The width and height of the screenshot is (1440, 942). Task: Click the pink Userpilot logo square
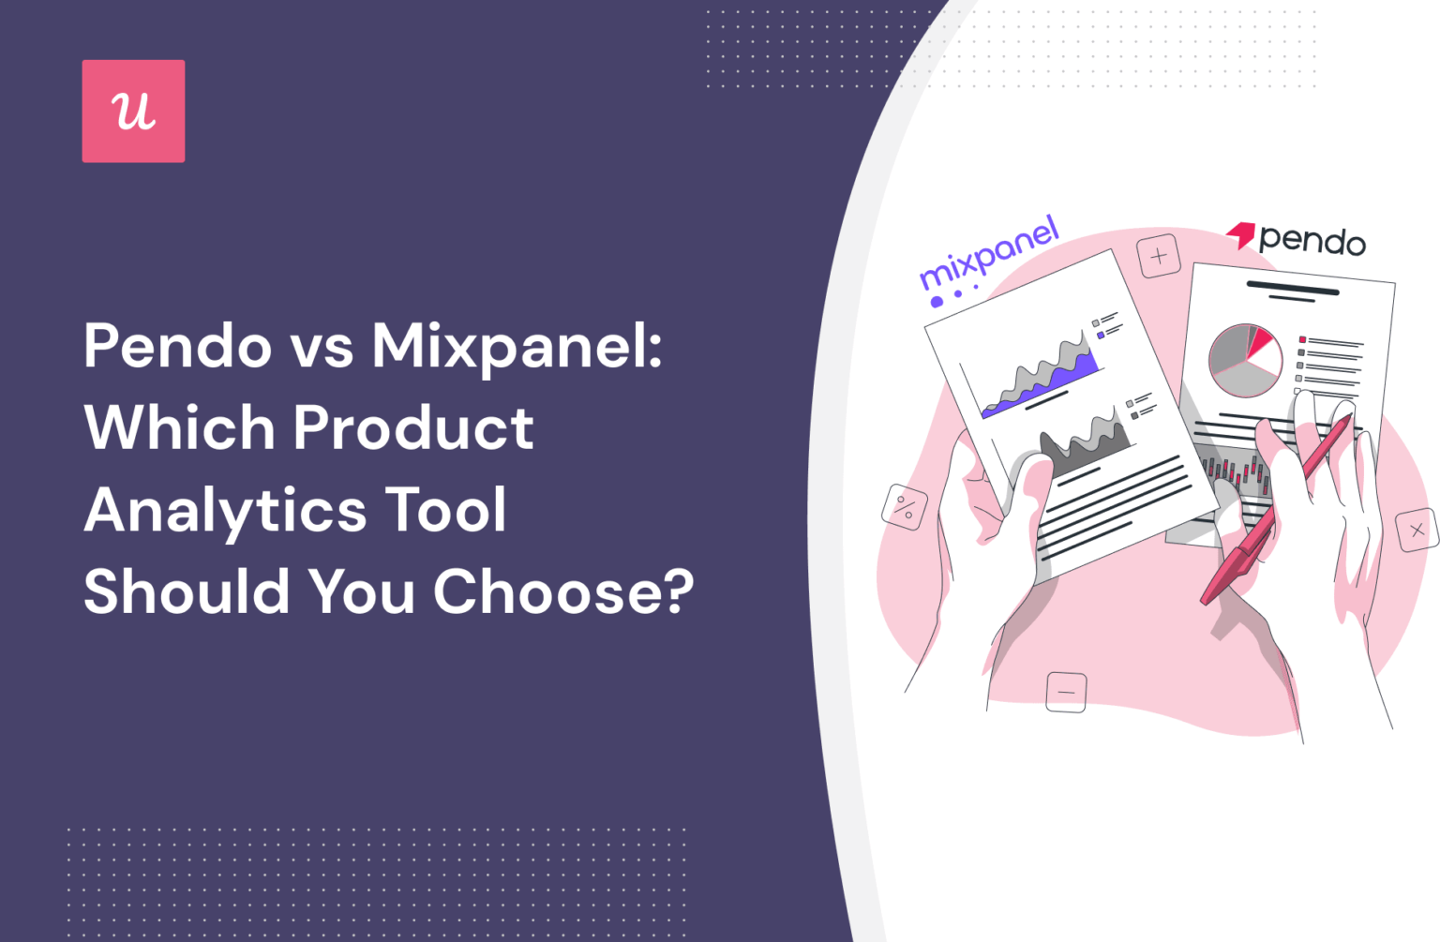tap(133, 112)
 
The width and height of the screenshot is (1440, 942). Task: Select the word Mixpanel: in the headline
tap(517, 346)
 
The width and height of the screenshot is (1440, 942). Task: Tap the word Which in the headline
tap(178, 427)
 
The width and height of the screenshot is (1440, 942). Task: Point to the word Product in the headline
tap(413, 427)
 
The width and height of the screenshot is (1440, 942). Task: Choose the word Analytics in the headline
tap(225, 511)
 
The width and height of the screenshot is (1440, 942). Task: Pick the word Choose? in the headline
tap(563, 592)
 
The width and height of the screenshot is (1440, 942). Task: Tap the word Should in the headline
tap(187, 592)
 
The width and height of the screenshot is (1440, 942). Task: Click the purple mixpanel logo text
tap(989, 254)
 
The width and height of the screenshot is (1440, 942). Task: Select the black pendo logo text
tap(1312, 241)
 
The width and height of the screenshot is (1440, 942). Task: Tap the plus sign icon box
tap(1159, 256)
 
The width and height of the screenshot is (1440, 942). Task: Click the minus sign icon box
tap(1066, 693)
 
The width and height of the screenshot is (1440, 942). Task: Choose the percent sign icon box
tap(905, 507)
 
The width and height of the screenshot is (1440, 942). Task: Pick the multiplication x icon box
tap(1417, 531)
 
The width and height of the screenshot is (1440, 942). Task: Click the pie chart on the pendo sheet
tap(1244, 360)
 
